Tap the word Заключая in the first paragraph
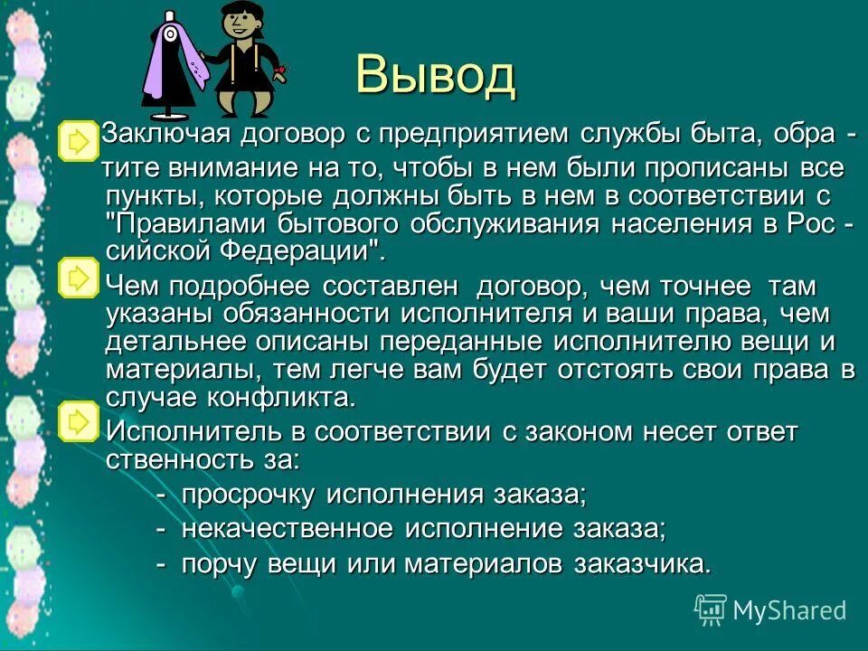pyautogui.click(x=160, y=135)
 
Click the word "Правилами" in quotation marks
pyautogui.click(x=182, y=225)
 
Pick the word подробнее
pyautogui.click(x=232, y=287)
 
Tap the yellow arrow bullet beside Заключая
pyautogui.click(x=79, y=140)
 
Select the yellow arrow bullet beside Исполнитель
pyautogui.click(x=79, y=420)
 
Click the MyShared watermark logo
pyautogui.click(x=770, y=609)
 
